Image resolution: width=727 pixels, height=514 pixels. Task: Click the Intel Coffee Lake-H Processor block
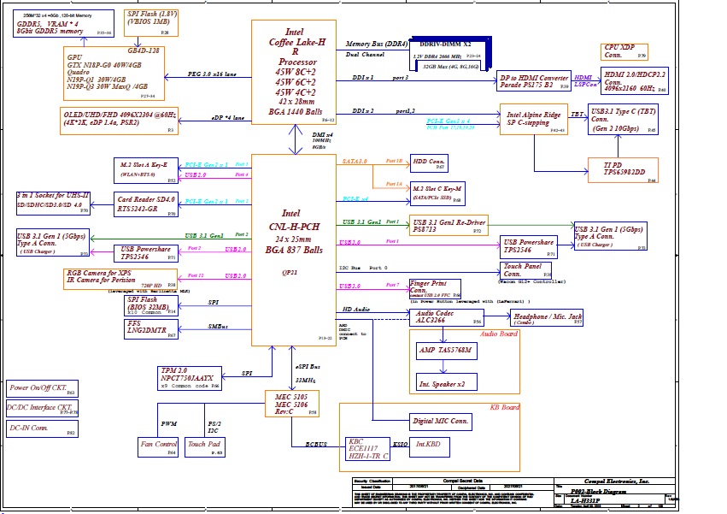click(293, 73)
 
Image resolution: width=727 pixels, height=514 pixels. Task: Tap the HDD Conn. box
click(428, 163)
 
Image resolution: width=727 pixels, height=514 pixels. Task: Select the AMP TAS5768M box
click(444, 351)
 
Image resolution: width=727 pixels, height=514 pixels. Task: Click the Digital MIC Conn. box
click(441, 422)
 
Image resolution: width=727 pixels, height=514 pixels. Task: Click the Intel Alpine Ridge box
click(534, 119)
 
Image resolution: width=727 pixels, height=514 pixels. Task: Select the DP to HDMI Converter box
click(533, 81)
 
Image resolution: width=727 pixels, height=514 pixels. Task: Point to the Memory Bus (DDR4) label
click(376, 43)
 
